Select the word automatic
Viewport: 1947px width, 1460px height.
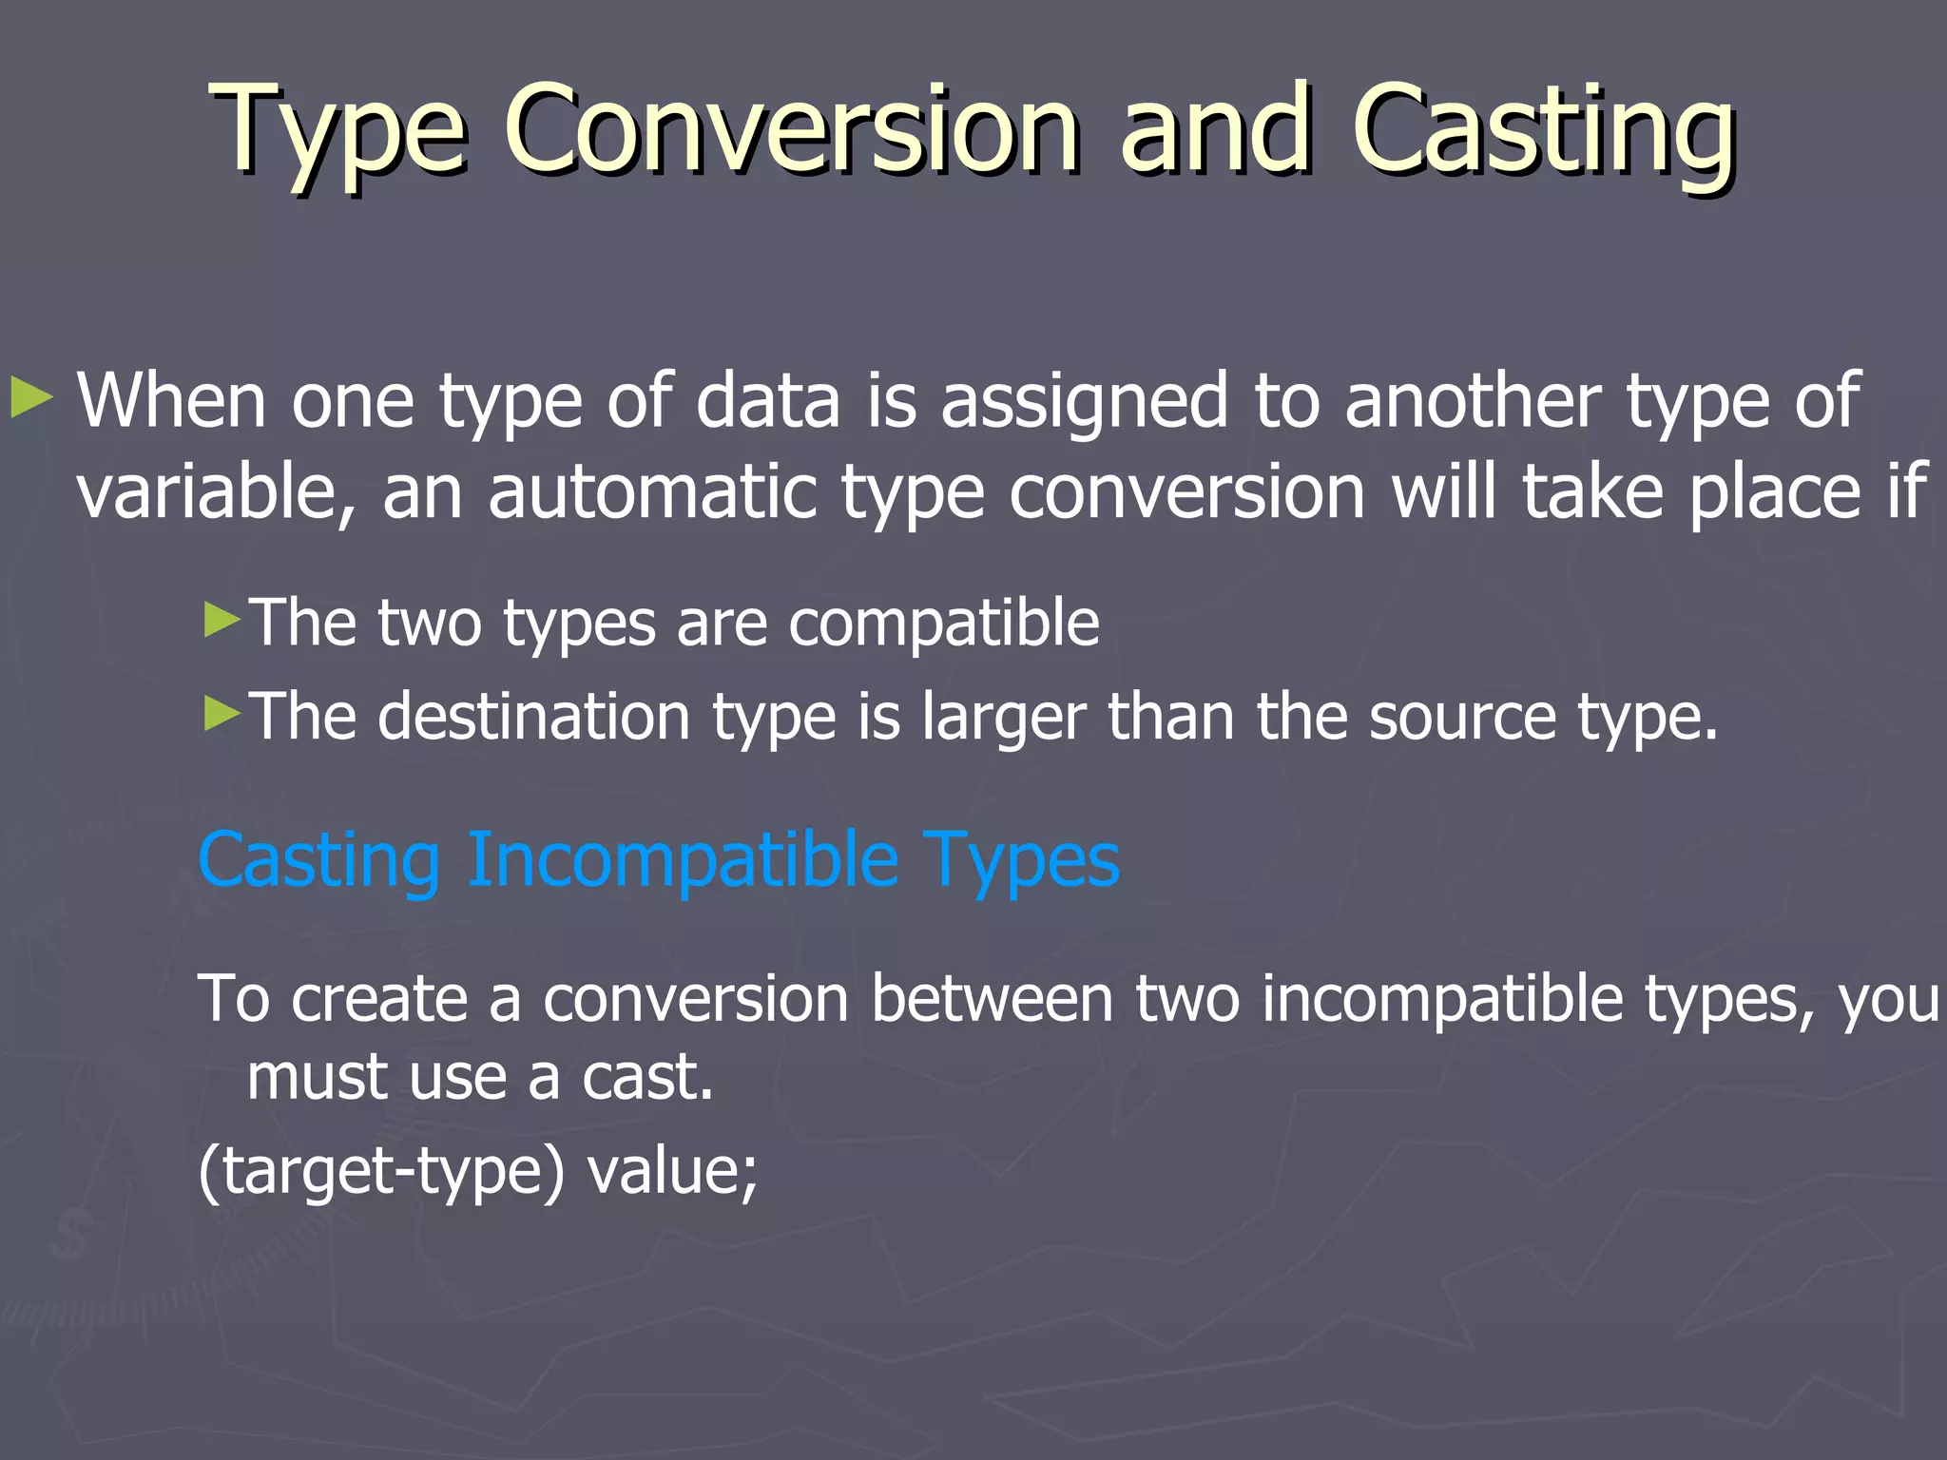tap(652, 491)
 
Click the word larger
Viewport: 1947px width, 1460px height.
tap(1003, 719)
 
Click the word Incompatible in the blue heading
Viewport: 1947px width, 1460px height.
tap(683, 860)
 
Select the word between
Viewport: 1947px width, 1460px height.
tap(992, 999)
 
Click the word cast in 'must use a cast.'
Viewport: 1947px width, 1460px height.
tap(646, 1078)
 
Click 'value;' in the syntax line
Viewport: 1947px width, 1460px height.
tap(672, 1171)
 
